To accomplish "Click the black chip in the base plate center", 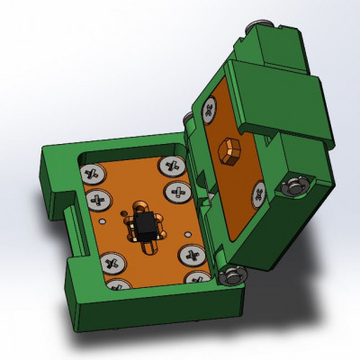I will pos(144,224).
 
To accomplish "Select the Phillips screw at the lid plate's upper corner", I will pos(211,108).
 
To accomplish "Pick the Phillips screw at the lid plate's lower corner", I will pos(259,192).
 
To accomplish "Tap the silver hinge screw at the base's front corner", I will pos(235,274).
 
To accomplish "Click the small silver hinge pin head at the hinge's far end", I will pos(186,120).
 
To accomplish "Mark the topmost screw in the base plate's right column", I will pos(170,165).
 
